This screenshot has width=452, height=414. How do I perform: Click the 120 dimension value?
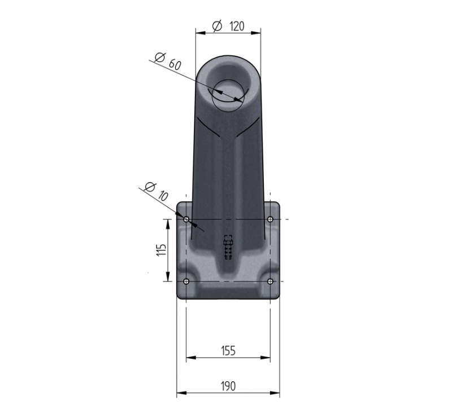click(x=237, y=26)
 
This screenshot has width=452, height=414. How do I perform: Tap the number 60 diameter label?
click(x=175, y=64)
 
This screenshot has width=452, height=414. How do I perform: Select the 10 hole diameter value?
click(x=163, y=196)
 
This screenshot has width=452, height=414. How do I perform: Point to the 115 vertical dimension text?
click(x=162, y=250)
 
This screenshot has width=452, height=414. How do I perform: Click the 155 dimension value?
click(x=228, y=351)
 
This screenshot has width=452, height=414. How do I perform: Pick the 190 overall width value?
click(x=228, y=386)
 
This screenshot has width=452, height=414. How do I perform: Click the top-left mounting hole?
click(x=186, y=219)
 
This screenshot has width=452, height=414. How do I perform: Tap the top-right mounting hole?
click(x=270, y=219)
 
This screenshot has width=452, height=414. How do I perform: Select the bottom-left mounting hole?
click(x=186, y=281)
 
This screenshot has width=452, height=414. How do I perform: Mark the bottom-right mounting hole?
click(x=270, y=281)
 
